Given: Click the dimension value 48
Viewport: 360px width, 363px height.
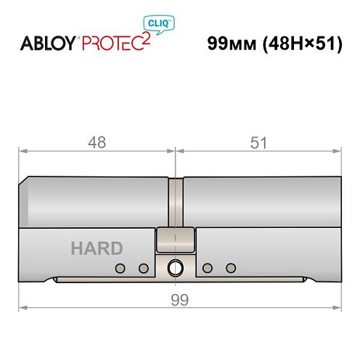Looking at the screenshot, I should [x=97, y=143].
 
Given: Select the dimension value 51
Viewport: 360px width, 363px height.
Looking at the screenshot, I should [x=258, y=143].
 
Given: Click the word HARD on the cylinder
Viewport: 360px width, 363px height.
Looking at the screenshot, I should [x=97, y=248].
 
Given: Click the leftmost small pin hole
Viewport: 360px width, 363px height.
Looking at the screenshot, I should [x=118, y=269].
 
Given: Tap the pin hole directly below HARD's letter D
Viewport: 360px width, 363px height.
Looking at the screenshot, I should [x=143, y=269].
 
